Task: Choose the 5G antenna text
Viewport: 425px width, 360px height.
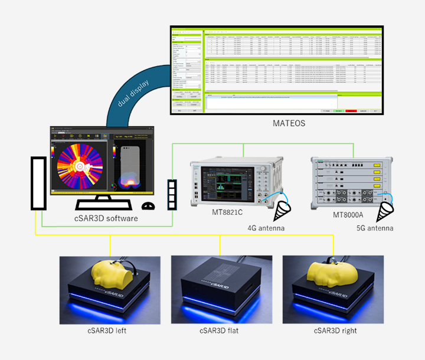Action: click(x=375, y=227)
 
